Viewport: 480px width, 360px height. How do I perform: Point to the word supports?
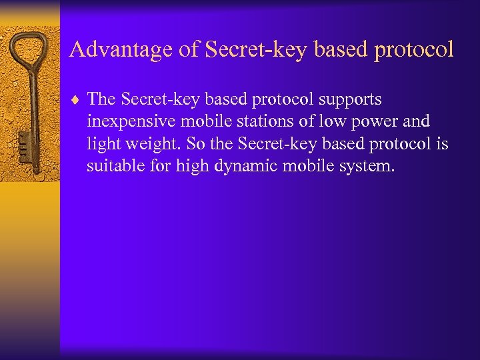(x=349, y=100)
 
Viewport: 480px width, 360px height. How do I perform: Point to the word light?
(x=101, y=144)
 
